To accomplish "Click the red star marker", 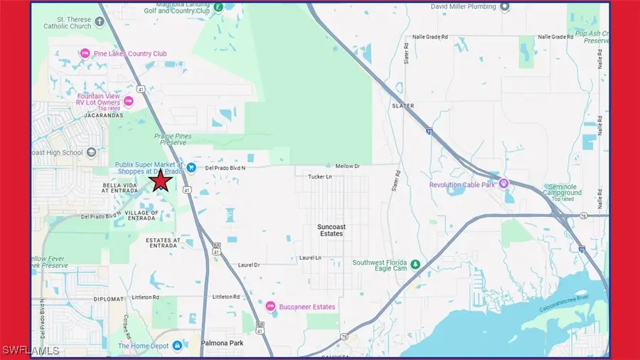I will [x=161, y=181].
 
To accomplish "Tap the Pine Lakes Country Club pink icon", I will [x=85, y=53].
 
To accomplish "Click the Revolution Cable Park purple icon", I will [x=505, y=184].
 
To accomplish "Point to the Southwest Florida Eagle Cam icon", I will [x=415, y=265].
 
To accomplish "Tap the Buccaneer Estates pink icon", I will [x=270, y=307].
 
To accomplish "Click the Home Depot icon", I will [x=176, y=346].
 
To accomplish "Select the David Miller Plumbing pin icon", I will [x=505, y=7].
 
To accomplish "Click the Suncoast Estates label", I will [x=330, y=230].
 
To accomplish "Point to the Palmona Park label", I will [x=223, y=343].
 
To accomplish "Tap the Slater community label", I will [x=402, y=105].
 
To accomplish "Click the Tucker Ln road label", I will [x=320, y=176].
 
